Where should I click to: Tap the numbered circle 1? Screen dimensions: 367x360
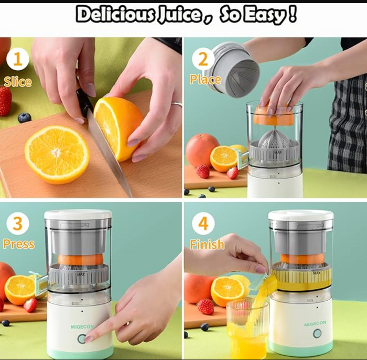18,59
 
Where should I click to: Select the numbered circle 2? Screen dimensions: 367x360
203,59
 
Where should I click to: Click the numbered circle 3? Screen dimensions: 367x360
18,223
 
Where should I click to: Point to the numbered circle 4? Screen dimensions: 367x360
203,223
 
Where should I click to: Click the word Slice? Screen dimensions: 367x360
18,82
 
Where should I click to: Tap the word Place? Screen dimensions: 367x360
206,80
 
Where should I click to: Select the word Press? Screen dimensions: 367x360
19,244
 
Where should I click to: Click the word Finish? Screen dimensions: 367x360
207,244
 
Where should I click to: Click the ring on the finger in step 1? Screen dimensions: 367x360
177,104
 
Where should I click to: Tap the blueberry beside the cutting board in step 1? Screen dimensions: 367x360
24,118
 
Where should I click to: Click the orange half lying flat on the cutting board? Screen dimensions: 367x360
57,155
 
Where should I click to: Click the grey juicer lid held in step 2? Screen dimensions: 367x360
234,67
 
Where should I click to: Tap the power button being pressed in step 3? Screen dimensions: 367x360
82,339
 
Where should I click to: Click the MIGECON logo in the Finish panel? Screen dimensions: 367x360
315,323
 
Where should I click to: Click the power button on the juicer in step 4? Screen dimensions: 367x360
317,334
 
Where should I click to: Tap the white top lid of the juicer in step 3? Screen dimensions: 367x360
78,214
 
